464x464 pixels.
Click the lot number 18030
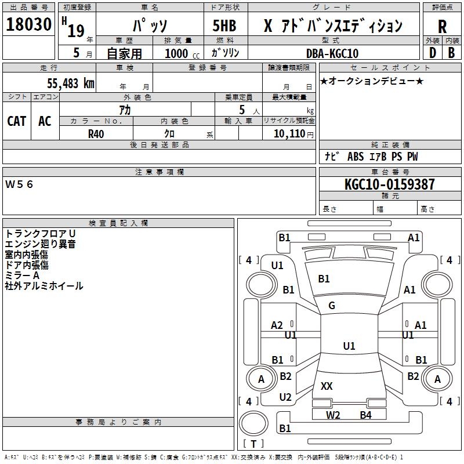point(28,24)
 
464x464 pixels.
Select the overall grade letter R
point(442,27)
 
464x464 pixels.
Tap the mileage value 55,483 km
point(71,84)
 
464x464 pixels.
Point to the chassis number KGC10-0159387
point(390,184)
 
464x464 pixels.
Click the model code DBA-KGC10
point(332,53)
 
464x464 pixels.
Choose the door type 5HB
point(224,26)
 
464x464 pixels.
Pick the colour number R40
point(96,134)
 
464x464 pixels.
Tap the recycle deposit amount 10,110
point(289,134)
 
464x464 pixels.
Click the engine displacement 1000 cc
point(182,53)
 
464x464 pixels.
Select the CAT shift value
point(17,121)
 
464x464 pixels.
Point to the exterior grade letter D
point(433,53)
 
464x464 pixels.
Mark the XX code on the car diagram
point(327,386)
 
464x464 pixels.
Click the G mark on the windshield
point(332,306)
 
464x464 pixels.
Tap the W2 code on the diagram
point(333,415)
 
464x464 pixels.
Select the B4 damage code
point(366,415)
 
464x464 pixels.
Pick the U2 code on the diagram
point(285,397)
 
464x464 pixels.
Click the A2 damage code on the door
point(277,325)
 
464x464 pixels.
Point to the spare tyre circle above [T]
point(253,423)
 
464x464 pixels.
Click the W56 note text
point(19,184)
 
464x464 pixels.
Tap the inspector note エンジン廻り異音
point(40,244)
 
